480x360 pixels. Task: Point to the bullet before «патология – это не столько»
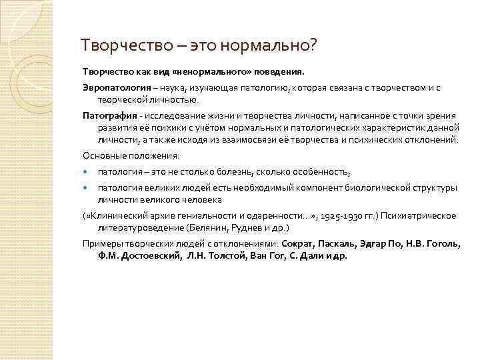[85, 172]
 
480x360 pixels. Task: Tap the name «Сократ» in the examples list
[299, 243]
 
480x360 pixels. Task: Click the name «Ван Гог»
[267, 255]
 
